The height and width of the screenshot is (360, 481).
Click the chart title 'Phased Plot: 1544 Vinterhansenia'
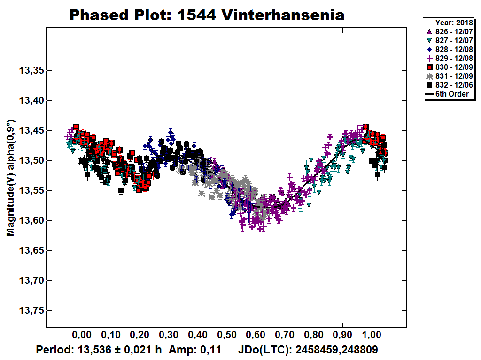[207, 15]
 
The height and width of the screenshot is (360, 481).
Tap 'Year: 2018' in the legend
[454, 22]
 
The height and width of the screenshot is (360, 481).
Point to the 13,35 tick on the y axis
[31, 71]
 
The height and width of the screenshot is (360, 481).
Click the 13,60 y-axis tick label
[31, 220]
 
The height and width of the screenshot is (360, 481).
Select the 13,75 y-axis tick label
[31, 310]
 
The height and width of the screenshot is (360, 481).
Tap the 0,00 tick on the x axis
[82, 336]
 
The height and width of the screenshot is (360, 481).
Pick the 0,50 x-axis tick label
[227, 336]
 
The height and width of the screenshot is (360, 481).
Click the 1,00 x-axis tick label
[372, 336]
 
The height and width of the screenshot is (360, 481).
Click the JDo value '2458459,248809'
[336, 350]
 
